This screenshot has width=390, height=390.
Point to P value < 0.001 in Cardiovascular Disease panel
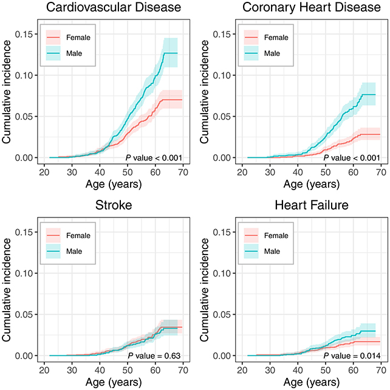154,158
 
